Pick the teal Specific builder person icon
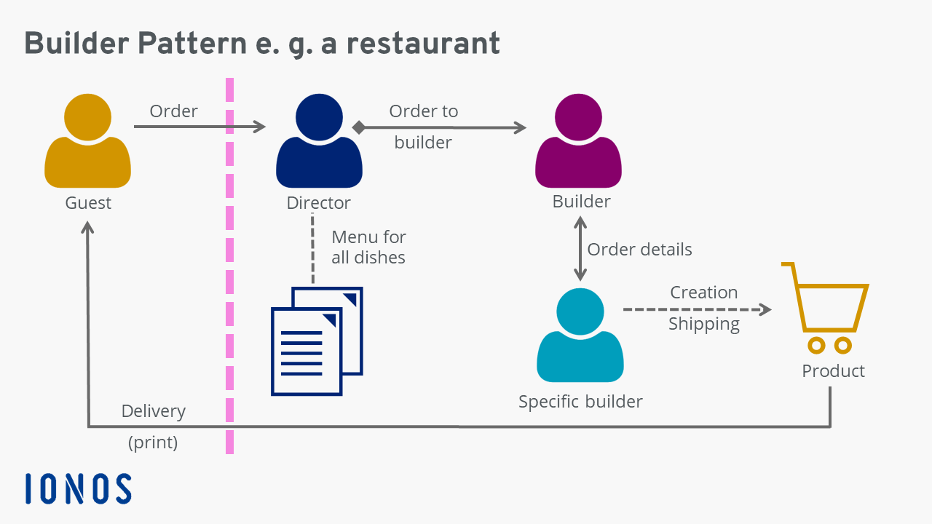click(580, 335)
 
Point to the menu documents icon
click(317, 341)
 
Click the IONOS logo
click(79, 488)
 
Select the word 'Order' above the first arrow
click(173, 111)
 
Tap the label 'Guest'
click(88, 203)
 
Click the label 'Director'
click(318, 203)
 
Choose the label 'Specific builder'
click(580, 401)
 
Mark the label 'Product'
click(833, 371)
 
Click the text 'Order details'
click(639, 250)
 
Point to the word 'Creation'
click(703, 293)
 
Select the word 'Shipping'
click(703, 324)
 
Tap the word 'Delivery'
click(153, 411)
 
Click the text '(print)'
click(153, 442)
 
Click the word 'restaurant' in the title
click(423, 44)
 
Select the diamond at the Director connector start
click(358, 127)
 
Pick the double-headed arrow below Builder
click(580, 250)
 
